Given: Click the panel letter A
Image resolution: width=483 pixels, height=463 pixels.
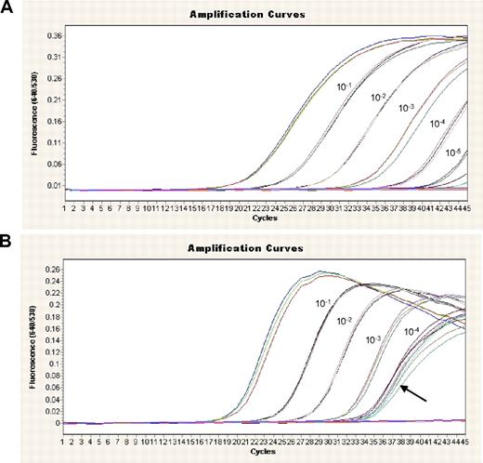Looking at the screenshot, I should [x=8, y=8].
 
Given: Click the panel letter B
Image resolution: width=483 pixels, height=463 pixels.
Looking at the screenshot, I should [x=8, y=243].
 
